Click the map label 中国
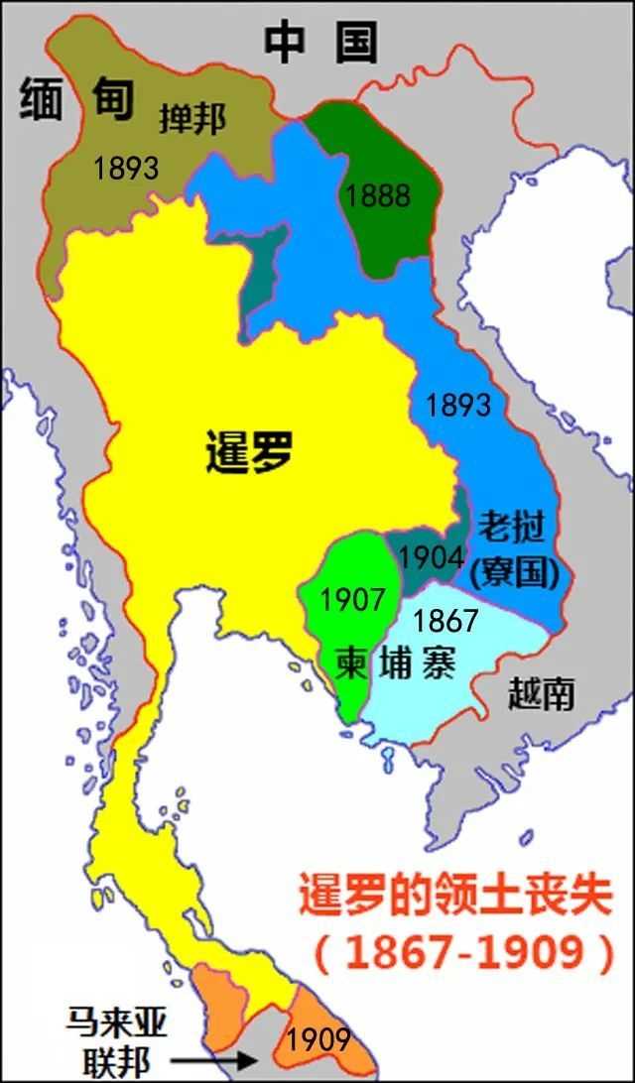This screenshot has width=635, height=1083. click(320, 42)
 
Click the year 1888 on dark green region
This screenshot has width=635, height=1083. click(377, 195)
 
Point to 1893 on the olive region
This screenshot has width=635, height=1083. click(126, 169)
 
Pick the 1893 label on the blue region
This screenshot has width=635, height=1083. click(457, 405)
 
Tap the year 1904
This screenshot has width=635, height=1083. click(431, 556)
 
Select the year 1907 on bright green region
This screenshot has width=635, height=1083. click(352, 600)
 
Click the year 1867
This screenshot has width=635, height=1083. click(445, 621)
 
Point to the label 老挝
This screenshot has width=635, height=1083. click(511, 529)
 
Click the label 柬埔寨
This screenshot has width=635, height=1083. click(395, 661)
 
